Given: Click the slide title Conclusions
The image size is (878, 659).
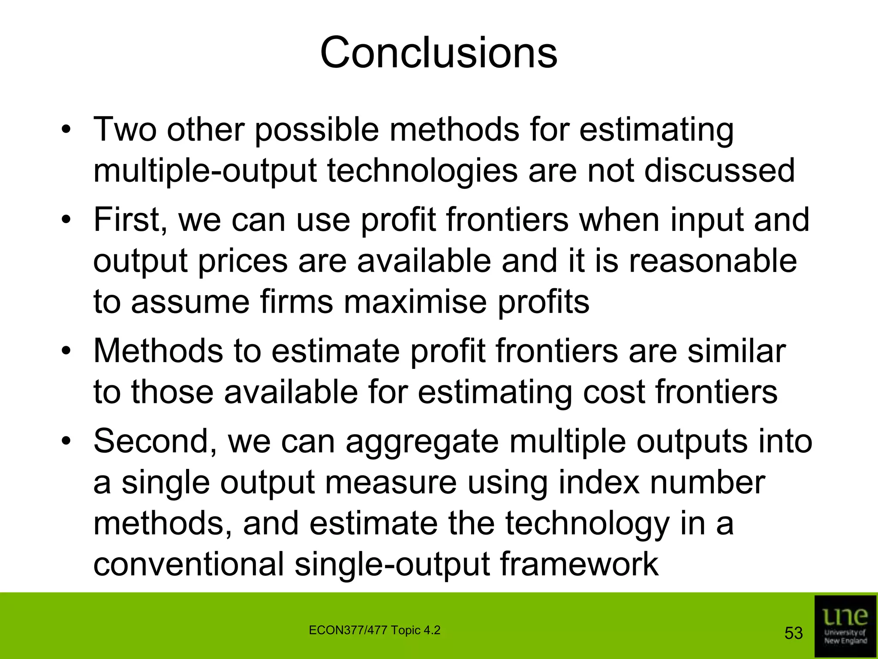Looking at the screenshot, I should (438, 52).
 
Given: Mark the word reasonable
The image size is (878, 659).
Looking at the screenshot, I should (713, 261).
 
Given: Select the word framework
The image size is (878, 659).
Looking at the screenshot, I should (579, 564).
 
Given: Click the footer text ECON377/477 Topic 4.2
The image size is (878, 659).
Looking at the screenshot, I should (374, 631).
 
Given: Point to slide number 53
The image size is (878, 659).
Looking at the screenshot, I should (793, 633).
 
